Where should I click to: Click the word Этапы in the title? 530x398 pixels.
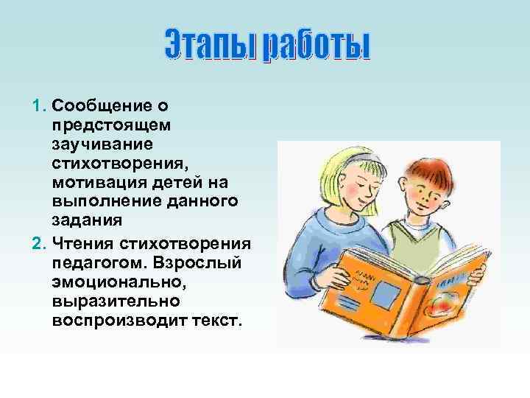click(x=208, y=46)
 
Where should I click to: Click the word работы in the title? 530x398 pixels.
click(x=318, y=46)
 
